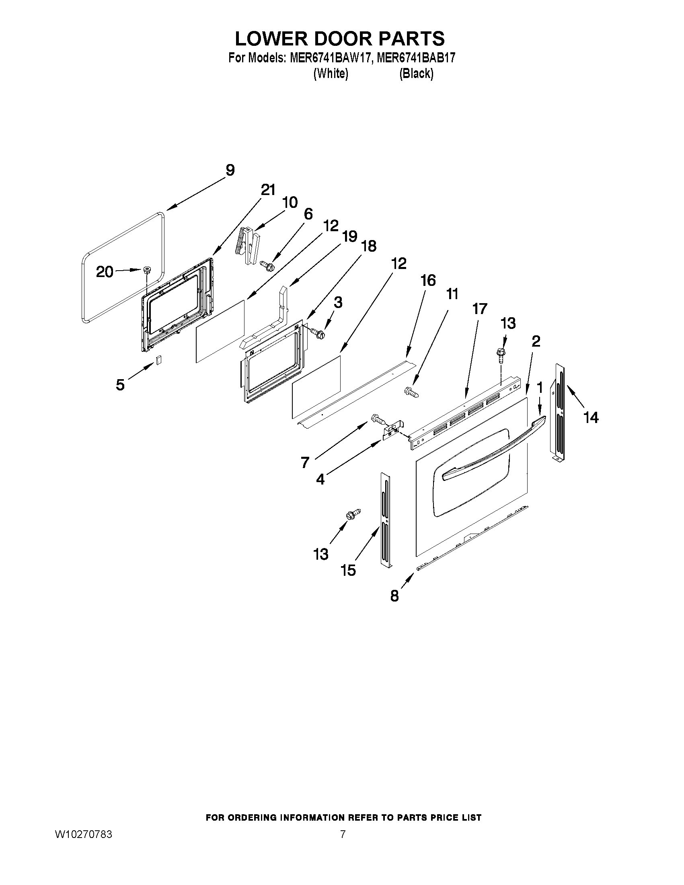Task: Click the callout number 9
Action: pos(230,170)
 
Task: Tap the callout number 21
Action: pos(268,190)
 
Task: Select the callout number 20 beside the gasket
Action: pos(105,272)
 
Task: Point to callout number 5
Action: pos(120,384)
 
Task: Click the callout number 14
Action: pos(591,417)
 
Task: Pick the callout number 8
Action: pos(394,595)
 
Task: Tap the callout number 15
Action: pos(348,570)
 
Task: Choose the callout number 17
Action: pos(480,309)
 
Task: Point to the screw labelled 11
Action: pos(410,392)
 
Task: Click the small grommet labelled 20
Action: pos(146,270)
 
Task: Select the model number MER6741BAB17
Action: pos(416,58)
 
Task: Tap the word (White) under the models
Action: pos(331,74)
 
